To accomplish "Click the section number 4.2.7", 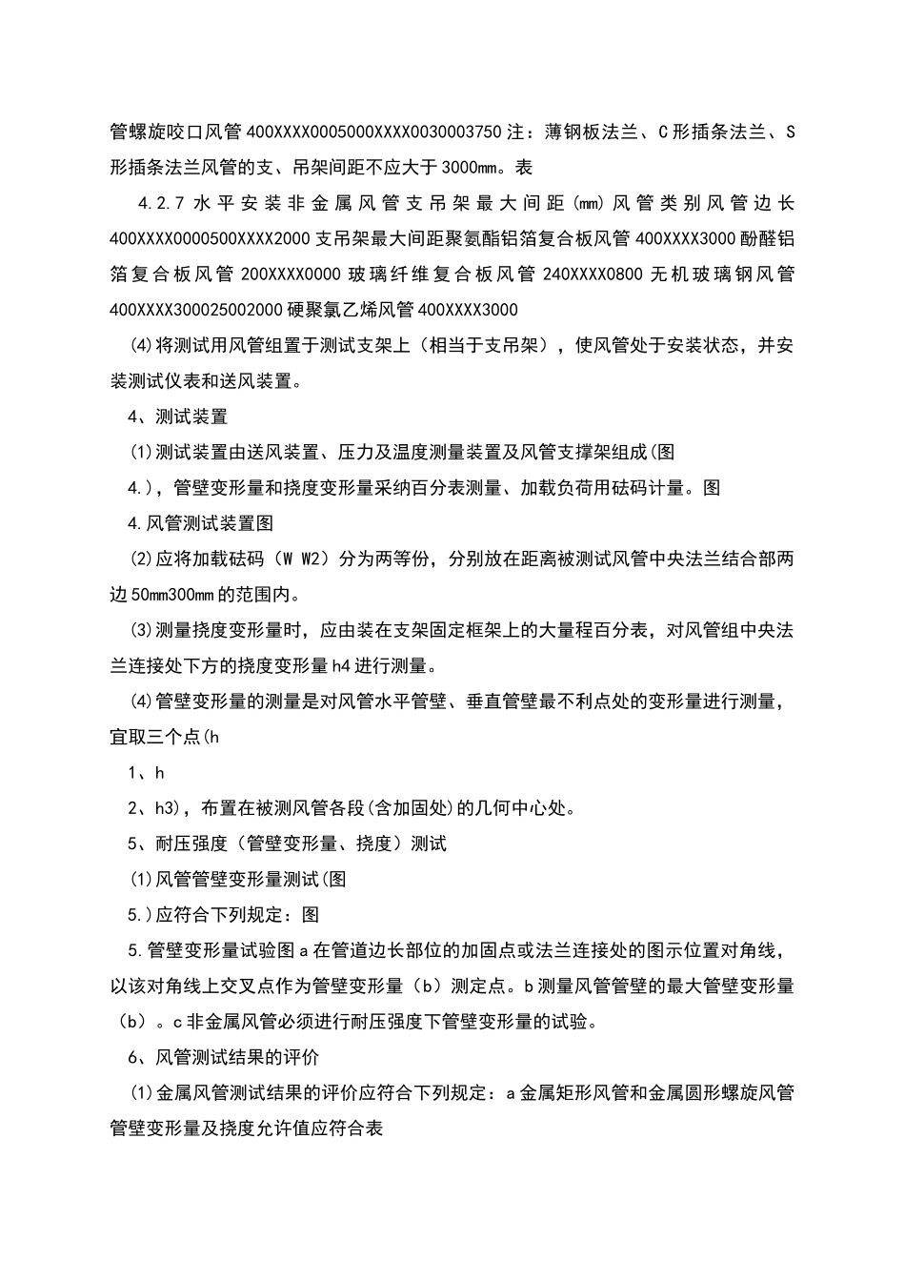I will pos(161,203).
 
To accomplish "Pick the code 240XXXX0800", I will pos(592,274).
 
